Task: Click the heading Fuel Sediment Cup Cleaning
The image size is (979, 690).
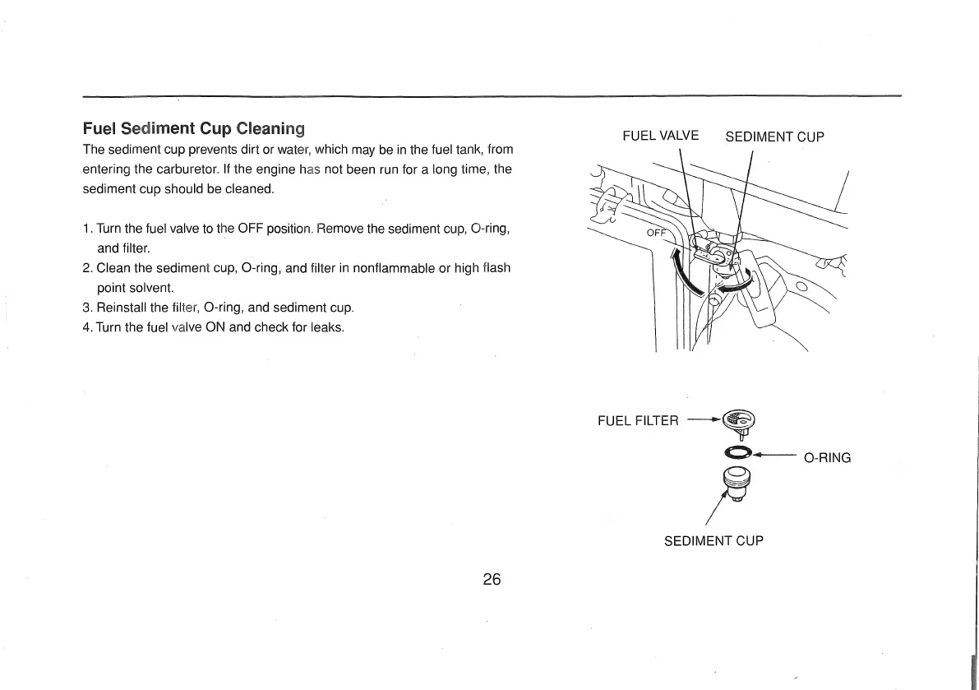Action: point(194,128)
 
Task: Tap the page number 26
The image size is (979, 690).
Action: point(492,579)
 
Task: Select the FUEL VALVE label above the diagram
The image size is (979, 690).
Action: point(660,136)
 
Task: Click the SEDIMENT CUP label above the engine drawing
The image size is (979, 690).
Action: point(774,137)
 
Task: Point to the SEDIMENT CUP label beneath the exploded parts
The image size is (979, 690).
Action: point(713,541)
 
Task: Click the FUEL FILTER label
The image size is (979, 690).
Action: point(638,421)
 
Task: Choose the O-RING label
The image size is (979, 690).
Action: point(827,457)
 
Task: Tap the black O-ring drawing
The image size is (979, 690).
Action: point(737,452)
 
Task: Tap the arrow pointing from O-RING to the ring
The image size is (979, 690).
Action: point(773,454)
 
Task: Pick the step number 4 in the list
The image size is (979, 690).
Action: point(87,327)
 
